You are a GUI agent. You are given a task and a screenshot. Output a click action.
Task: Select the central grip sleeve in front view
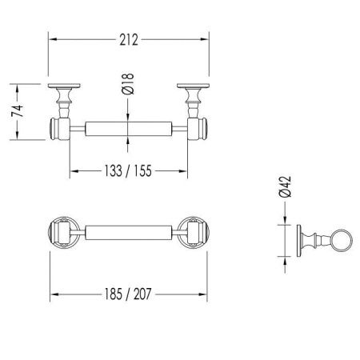coord(128,127)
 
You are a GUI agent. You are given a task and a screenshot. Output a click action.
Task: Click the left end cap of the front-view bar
coord(57,127)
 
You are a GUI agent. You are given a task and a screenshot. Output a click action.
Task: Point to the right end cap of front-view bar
coord(201,127)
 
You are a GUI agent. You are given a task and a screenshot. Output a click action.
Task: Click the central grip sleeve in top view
coord(128,232)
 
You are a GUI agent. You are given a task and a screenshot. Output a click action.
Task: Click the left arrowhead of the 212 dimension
coord(52,37)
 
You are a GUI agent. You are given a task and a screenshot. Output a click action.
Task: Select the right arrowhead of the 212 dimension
coord(206,37)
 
